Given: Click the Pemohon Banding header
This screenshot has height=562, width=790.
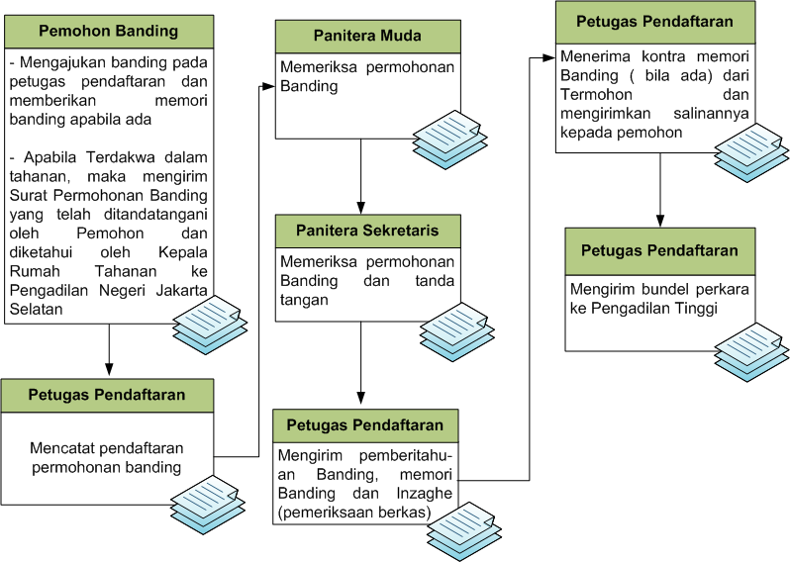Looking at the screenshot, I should coord(108,31).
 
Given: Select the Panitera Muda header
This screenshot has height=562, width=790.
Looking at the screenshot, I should coord(367,36).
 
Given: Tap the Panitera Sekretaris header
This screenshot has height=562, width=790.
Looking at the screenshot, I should coord(367,231).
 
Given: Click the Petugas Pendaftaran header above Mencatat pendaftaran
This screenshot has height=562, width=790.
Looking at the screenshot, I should coord(108,394).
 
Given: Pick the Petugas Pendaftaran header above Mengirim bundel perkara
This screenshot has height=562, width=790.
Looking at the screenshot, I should coord(659,250).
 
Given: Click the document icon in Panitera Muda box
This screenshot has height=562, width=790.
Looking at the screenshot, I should coord(446,139).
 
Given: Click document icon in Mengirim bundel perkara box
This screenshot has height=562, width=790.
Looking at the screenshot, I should coord(748,352).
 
